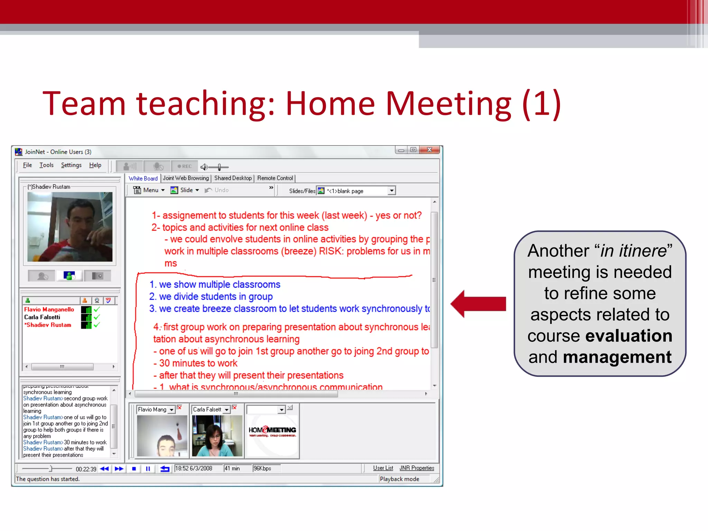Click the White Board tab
click(x=143, y=178)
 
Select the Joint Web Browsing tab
click(x=186, y=178)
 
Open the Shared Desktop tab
click(x=233, y=178)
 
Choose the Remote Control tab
click(x=275, y=178)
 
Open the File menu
click(x=27, y=165)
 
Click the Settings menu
click(x=71, y=165)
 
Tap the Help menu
click(x=95, y=165)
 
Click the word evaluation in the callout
click(x=628, y=336)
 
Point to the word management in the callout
click(x=617, y=357)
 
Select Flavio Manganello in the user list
click(x=49, y=309)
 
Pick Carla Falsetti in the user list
click(x=42, y=317)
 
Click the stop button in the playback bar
click(x=134, y=469)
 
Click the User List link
click(x=383, y=468)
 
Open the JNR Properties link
click(x=417, y=468)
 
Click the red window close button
click(x=429, y=150)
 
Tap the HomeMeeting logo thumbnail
click(x=272, y=431)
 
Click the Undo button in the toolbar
click(x=217, y=190)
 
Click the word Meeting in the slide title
click(x=448, y=104)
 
